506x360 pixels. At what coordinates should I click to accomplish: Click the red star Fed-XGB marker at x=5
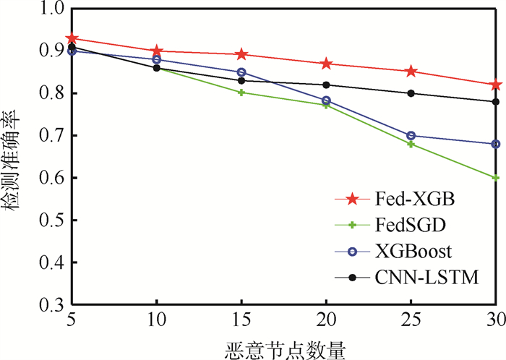click(x=72, y=38)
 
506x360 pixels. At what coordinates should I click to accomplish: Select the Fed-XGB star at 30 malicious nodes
click(x=496, y=85)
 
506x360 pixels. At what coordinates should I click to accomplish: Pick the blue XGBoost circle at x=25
click(x=411, y=135)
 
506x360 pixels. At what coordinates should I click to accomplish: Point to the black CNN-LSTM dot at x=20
click(x=327, y=85)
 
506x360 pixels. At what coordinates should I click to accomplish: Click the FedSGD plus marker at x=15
click(x=242, y=93)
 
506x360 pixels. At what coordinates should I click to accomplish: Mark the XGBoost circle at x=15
click(x=242, y=72)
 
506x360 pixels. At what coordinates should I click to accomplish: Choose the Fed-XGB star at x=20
click(x=327, y=64)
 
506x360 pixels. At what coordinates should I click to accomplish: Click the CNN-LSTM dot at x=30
click(x=496, y=102)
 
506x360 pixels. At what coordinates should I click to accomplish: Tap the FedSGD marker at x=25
click(x=411, y=144)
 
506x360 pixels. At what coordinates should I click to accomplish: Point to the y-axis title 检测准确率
click(x=14, y=155)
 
